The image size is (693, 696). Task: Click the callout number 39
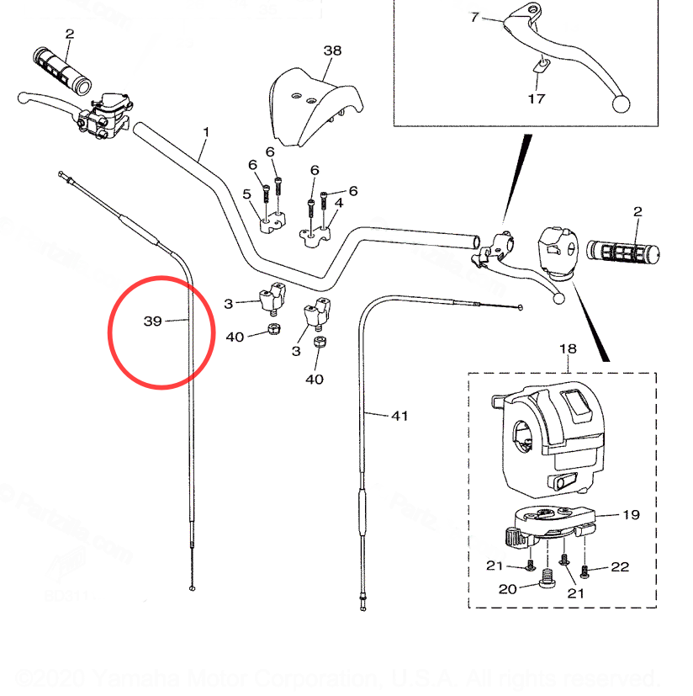point(152,321)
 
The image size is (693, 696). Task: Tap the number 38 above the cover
point(332,50)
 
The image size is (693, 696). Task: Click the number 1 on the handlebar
point(206,132)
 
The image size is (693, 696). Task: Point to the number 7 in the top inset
point(474,17)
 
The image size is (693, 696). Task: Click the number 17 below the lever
point(536,98)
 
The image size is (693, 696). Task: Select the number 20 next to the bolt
point(507,588)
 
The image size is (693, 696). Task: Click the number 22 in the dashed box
point(620,566)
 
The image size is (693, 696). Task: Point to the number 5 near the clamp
point(246,194)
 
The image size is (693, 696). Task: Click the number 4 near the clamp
point(339,203)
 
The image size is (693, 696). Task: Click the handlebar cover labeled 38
point(315,105)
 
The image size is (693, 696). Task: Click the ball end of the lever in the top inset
point(622,104)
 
